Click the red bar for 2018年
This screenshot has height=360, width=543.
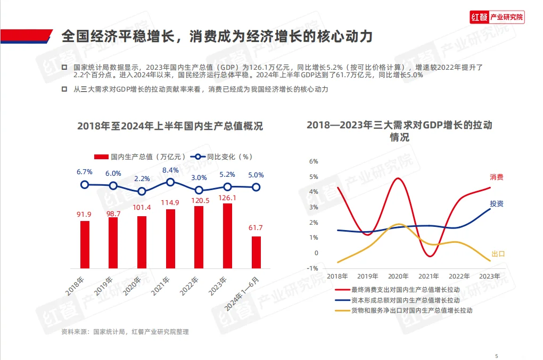(x=85, y=244)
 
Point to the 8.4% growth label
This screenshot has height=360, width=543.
(x=170, y=170)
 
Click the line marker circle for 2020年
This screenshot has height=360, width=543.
(x=142, y=191)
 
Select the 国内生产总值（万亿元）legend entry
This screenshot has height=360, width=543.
(x=140, y=157)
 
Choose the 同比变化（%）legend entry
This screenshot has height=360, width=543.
(x=222, y=157)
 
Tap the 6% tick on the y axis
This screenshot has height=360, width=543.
(x=314, y=161)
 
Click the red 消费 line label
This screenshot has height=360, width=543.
(x=497, y=177)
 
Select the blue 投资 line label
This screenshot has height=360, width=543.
(x=497, y=204)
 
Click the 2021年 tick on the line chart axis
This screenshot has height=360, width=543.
(x=429, y=276)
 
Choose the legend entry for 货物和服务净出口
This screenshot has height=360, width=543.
(x=411, y=310)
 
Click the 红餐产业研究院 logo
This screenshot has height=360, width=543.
(x=497, y=18)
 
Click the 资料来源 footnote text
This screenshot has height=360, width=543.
(x=125, y=332)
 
